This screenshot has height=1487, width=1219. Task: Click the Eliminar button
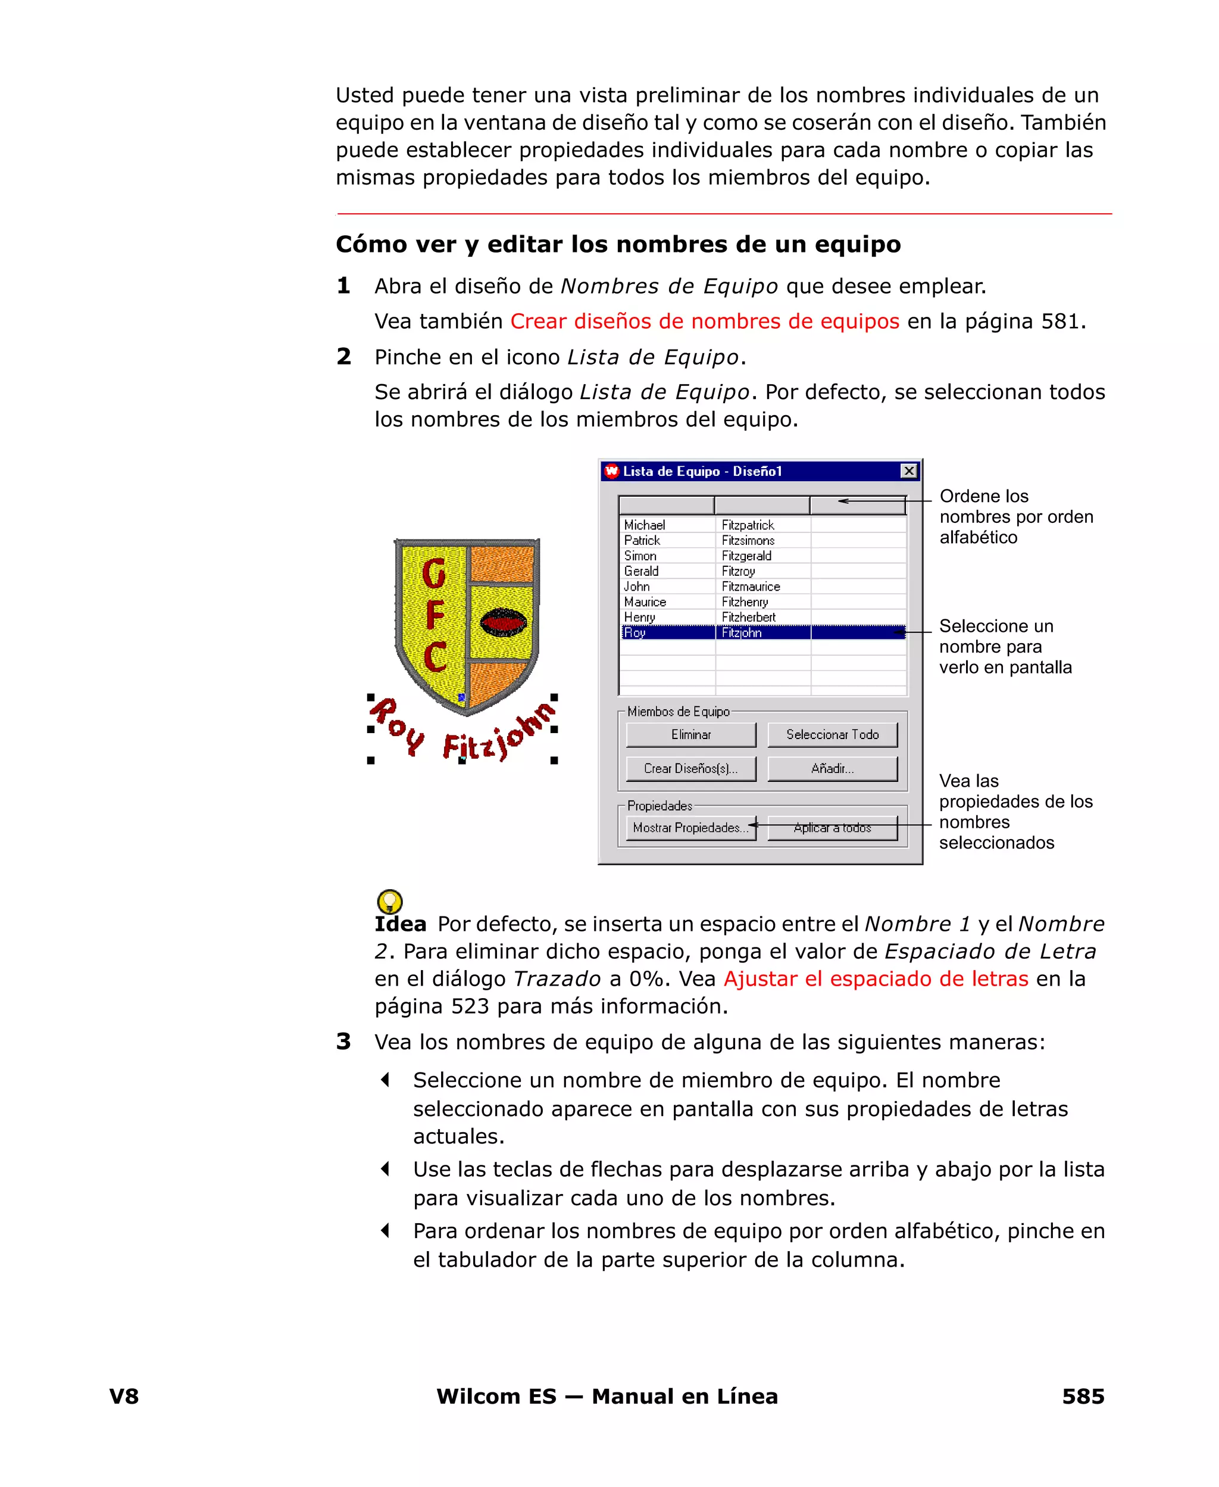(690, 735)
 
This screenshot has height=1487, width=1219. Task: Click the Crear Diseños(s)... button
(690, 768)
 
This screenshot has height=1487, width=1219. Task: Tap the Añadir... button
(832, 768)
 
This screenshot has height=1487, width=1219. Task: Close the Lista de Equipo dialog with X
(909, 470)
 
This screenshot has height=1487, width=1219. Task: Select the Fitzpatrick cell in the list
(748, 525)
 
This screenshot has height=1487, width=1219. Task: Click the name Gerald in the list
(641, 571)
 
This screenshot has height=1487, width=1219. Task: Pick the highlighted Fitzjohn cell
(742, 633)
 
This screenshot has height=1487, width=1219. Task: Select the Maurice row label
(645, 602)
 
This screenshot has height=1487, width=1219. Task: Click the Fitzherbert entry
(749, 618)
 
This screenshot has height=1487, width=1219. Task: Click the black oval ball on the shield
(503, 622)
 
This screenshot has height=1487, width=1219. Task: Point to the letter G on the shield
(434, 572)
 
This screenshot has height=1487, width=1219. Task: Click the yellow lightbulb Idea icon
(390, 901)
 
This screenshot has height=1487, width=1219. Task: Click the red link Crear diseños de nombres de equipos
(704, 322)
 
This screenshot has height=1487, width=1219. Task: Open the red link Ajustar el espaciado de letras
(876, 979)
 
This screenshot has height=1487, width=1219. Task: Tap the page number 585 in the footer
(1083, 1396)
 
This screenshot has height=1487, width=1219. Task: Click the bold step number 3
(343, 1042)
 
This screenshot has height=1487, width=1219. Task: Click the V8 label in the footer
(124, 1396)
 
